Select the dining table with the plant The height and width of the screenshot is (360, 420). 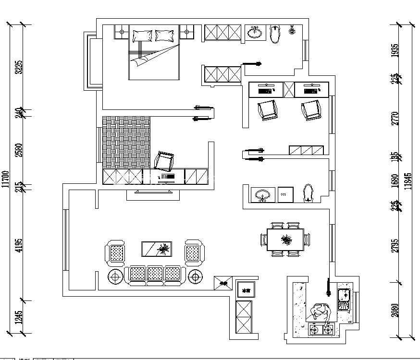tap(285, 239)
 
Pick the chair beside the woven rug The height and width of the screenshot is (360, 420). tap(164, 161)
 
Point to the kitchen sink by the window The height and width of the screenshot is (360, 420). tap(345, 300)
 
